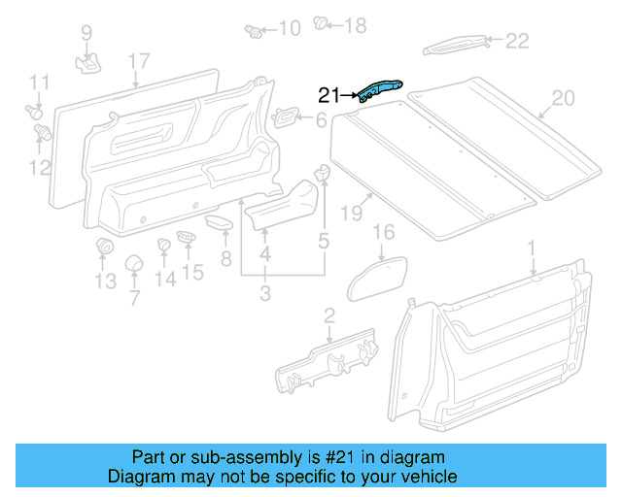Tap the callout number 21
(329, 95)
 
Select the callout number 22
(517, 41)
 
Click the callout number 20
(564, 98)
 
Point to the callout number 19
(350, 212)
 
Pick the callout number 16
(385, 232)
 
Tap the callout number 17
(138, 63)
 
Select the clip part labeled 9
(88, 63)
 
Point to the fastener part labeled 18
(323, 23)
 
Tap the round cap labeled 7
(134, 264)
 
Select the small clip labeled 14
(164, 244)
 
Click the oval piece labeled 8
(220, 223)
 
